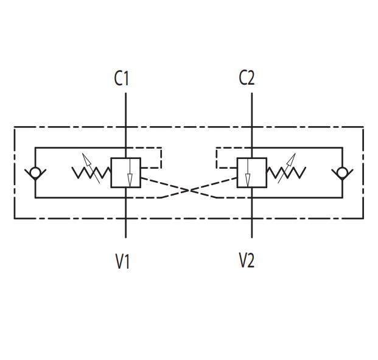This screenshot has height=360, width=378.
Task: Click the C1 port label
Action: click(122, 78)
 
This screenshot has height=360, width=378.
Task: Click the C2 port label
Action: click(247, 78)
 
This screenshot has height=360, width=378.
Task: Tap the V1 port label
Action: click(122, 261)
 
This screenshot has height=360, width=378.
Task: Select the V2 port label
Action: click(247, 260)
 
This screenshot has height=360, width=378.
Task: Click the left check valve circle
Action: click(35, 173)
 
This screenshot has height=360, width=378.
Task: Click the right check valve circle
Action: click(342, 173)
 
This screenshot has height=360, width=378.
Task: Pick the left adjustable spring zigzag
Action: click(91, 173)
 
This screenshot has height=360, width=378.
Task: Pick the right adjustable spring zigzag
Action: click(286, 173)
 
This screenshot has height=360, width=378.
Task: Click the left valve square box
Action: click(125, 172)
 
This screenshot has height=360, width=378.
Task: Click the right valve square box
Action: click(252, 172)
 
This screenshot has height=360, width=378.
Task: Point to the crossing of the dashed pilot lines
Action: click(189, 191)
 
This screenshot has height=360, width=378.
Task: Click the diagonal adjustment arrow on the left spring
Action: click(91, 168)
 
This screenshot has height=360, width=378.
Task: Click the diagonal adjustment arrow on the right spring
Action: click(287, 168)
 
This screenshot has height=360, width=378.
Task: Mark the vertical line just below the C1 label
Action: click(125, 110)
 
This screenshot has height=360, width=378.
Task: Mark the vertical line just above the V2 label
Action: click(252, 228)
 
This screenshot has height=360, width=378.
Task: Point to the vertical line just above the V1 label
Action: click(125, 228)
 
